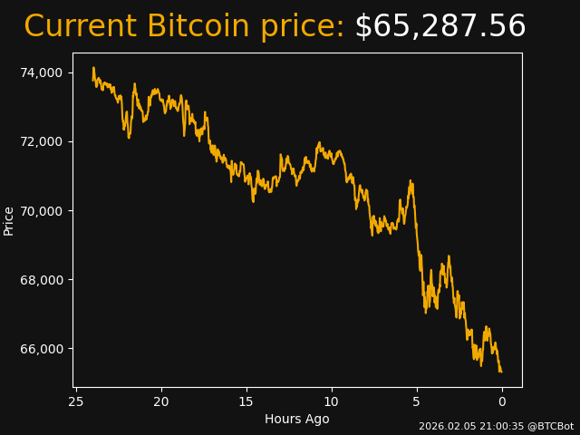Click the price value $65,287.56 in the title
point(440,27)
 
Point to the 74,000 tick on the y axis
point(42,72)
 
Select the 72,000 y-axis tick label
point(42,141)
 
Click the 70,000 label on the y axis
point(42,210)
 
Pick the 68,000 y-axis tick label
point(42,279)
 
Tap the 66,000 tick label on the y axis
point(42,349)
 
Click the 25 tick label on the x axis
point(76,401)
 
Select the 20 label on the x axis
point(161,401)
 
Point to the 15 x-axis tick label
point(246,401)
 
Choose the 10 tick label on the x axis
point(332,401)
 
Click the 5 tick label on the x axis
point(417,401)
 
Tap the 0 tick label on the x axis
point(502,401)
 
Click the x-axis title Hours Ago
point(297,419)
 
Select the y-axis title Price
point(9,220)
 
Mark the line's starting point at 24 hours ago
point(93,68)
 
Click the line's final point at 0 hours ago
point(501,372)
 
